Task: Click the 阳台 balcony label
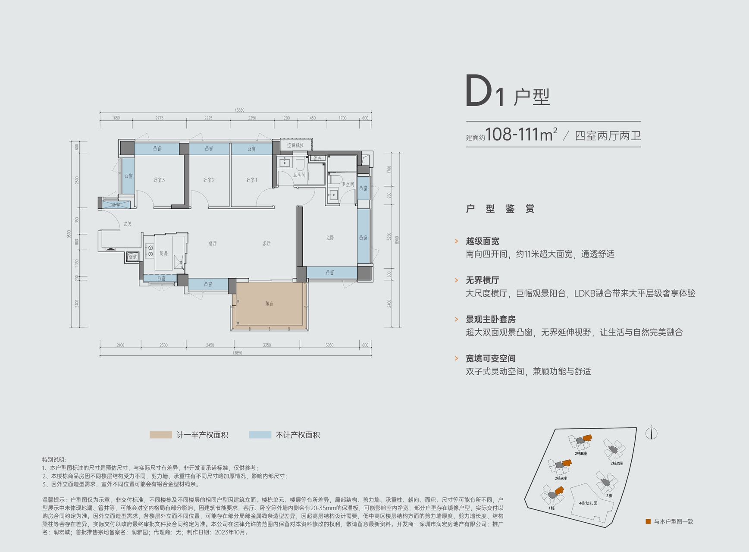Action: point(269,304)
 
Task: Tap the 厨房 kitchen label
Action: point(163,253)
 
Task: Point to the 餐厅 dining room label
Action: point(213,244)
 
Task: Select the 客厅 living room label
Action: point(266,244)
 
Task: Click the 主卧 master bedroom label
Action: point(330,238)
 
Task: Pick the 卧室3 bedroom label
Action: point(159,180)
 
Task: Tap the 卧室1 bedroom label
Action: point(252,180)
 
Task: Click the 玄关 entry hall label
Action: point(127,224)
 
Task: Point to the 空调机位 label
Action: point(295,145)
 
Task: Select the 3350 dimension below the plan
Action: point(267,345)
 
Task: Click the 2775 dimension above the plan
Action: point(160,118)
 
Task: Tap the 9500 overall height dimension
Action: point(69,234)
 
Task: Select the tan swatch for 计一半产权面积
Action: point(160,435)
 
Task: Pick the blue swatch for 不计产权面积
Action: point(260,435)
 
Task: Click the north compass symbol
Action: point(651,433)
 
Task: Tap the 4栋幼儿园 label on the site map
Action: point(588,503)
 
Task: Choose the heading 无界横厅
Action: point(483,280)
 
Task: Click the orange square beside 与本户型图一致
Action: point(648,521)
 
